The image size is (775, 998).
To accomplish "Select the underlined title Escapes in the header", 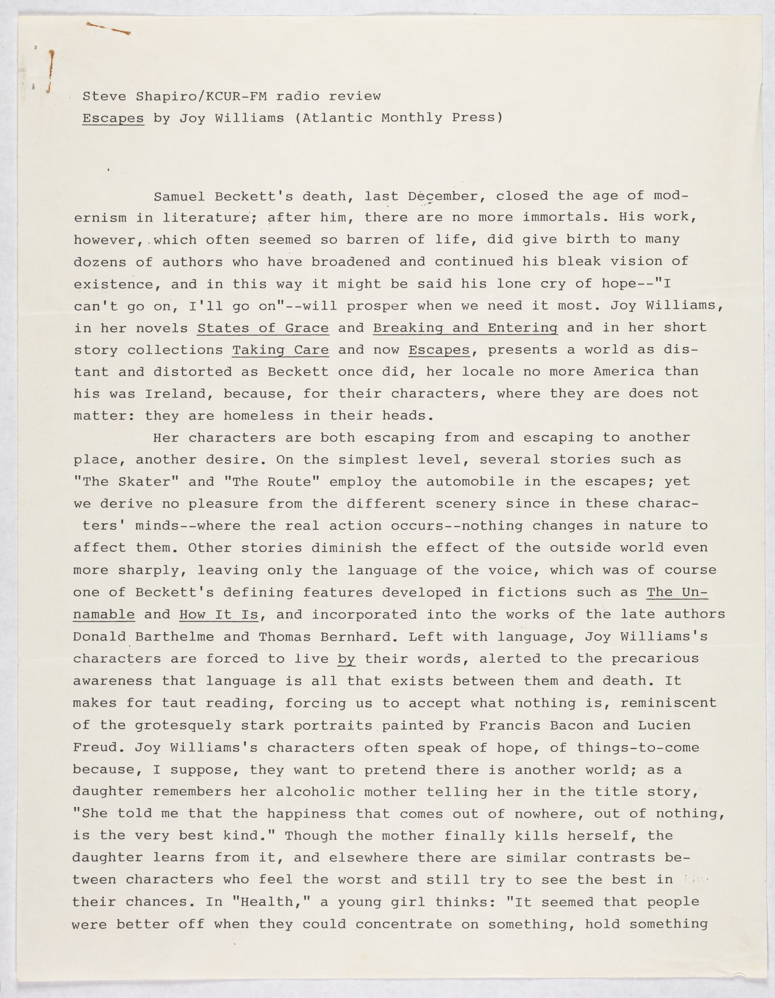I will click(113, 118).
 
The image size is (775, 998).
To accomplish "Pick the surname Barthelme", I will click(175, 637).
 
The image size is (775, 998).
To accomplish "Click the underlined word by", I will click(347, 659).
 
